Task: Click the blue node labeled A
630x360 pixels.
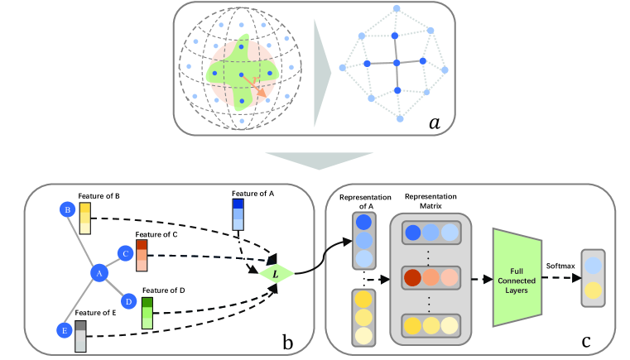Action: pyautogui.click(x=99, y=274)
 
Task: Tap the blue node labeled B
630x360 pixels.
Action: pyautogui.click(x=68, y=209)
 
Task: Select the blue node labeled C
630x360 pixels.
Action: pyautogui.click(x=125, y=253)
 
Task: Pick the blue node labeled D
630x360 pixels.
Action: pyautogui.click(x=128, y=301)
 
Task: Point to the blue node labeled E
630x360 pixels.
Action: pyautogui.click(x=65, y=330)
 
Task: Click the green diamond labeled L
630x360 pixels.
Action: pyautogui.click(x=276, y=274)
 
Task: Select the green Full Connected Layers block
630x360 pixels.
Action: pyautogui.click(x=517, y=277)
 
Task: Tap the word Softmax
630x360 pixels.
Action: pyautogui.click(x=560, y=266)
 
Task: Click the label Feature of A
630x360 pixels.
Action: pyautogui.click(x=252, y=194)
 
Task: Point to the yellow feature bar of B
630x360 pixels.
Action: pyautogui.click(x=84, y=218)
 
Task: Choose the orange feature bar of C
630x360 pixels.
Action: pyautogui.click(x=142, y=256)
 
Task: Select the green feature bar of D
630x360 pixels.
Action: pyautogui.click(x=147, y=313)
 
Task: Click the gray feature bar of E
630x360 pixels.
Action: pyautogui.click(x=80, y=336)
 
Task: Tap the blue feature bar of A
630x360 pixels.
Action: pyautogui.click(x=238, y=214)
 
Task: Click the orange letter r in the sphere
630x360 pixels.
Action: pyautogui.click(x=255, y=79)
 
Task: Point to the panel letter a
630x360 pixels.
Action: pyautogui.click(x=435, y=122)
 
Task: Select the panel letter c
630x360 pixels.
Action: pyautogui.click(x=586, y=342)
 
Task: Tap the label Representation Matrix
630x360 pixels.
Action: pyautogui.click(x=430, y=201)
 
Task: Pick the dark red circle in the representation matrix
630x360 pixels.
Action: pyautogui.click(x=412, y=277)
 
